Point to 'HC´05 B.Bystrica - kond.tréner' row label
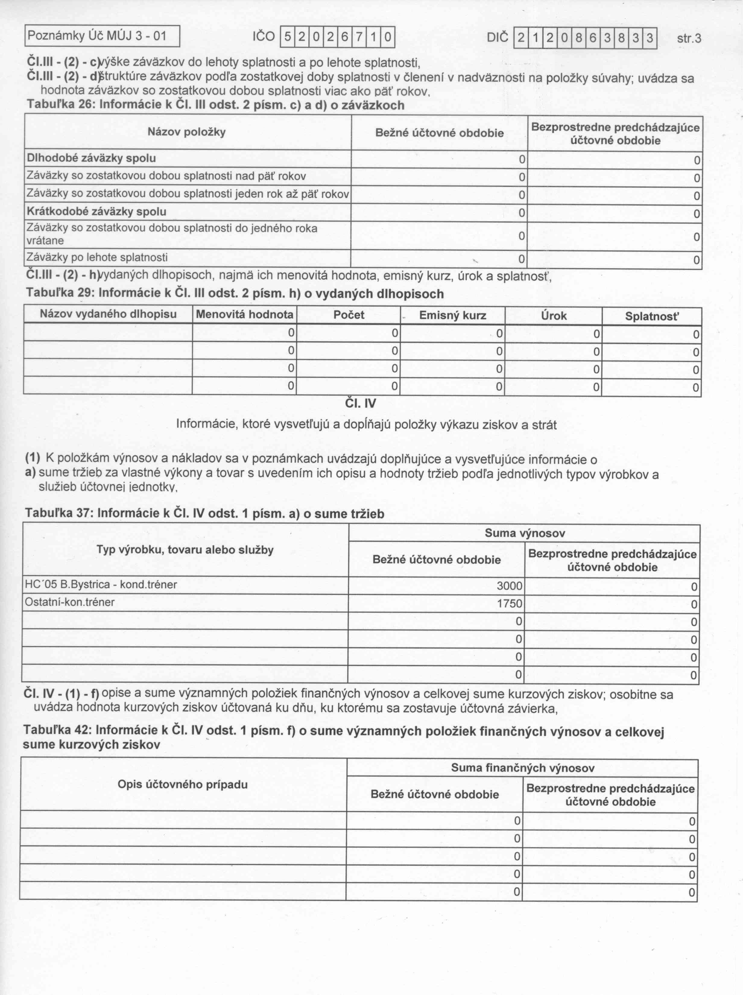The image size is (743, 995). (101, 585)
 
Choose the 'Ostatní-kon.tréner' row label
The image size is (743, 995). (70, 602)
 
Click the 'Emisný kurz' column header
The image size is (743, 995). (452, 315)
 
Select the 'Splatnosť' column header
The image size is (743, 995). (652, 317)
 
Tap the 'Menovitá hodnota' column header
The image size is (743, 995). (245, 314)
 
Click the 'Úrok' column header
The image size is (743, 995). (554, 316)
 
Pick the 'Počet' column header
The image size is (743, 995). (349, 315)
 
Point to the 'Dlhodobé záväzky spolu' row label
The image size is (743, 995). (91, 158)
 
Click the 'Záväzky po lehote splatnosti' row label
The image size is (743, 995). (97, 257)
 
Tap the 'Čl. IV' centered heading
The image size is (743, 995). (361, 404)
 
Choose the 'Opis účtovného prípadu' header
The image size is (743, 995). (183, 785)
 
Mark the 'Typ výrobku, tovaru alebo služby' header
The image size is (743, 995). (185, 550)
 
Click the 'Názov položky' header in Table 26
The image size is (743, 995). (187, 132)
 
